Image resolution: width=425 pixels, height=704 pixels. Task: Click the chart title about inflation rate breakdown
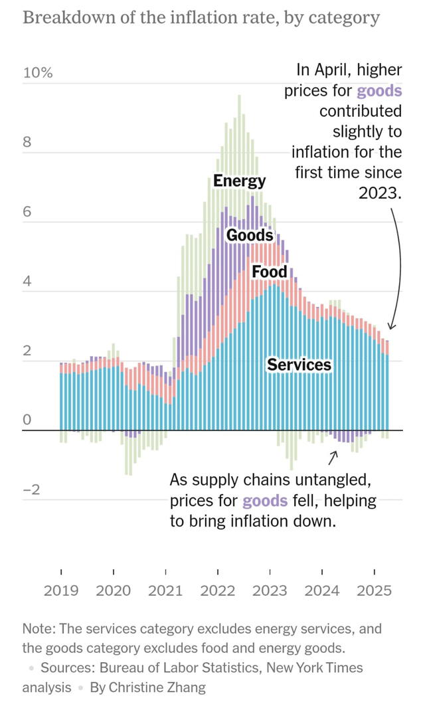tap(201, 17)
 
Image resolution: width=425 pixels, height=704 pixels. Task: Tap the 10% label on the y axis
tap(38, 73)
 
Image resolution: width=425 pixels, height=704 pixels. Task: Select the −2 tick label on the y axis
tap(31, 490)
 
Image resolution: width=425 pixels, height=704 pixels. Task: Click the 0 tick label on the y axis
tap(27, 420)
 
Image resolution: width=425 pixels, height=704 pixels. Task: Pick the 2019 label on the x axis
tap(61, 590)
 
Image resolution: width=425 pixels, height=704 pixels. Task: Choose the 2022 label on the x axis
tap(218, 590)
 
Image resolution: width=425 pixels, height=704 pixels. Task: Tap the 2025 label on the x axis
tap(375, 590)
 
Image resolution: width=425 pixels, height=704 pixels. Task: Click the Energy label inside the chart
tap(239, 181)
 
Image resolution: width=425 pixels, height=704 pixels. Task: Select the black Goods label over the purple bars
tap(250, 235)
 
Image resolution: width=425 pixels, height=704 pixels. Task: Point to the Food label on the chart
tap(270, 272)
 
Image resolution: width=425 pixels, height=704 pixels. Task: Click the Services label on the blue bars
tap(299, 365)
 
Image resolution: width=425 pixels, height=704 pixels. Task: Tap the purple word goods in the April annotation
tap(379, 91)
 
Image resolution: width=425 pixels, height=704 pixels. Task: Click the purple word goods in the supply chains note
tap(265, 501)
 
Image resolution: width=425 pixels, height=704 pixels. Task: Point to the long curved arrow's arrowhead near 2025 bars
tap(391, 326)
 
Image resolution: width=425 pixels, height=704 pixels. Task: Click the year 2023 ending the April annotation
tap(381, 193)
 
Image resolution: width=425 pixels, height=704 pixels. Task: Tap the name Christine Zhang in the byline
tap(148, 687)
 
